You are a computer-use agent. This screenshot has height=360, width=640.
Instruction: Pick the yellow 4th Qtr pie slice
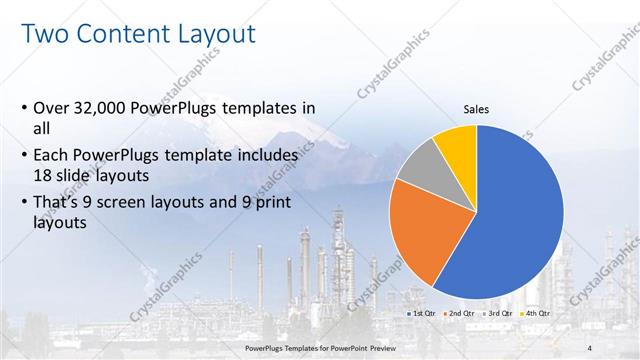point(458,143)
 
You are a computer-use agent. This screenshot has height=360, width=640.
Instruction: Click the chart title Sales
point(475,110)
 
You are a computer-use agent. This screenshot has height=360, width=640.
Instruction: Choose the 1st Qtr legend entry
point(422,314)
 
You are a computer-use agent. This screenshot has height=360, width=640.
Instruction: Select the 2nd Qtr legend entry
point(459,314)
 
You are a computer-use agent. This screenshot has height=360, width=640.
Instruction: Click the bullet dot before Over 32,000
point(24,108)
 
